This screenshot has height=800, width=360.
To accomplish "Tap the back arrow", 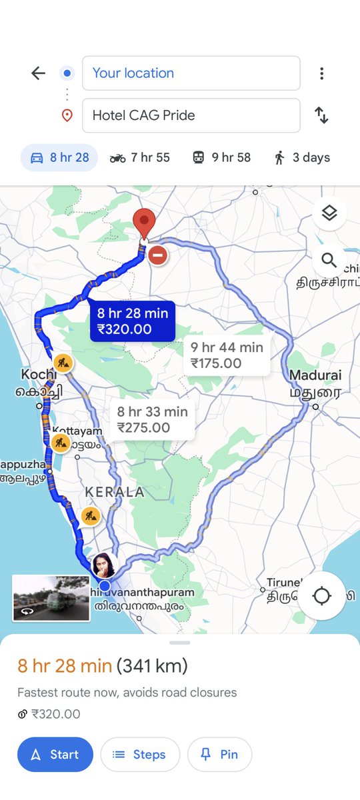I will [x=39, y=73].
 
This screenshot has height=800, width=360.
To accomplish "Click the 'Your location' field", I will [x=191, y=73].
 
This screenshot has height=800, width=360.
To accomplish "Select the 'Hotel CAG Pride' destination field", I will [x=191, y=115].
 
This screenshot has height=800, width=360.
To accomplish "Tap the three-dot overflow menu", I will [x=322, y=73].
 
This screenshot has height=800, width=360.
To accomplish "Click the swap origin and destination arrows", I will [x=322, y=115].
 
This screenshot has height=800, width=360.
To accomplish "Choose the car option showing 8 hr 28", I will [x=59, y=158].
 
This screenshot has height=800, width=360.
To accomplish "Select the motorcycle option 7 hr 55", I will [x=140, y=158].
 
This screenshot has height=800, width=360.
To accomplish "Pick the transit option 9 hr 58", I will [x=221, y=158].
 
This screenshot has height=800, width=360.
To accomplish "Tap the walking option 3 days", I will [x=302, y=158].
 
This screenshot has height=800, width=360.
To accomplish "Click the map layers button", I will [x=329, y=213].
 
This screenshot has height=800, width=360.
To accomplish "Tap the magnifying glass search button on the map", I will [x=329, y=260].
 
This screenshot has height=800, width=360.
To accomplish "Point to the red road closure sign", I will [x=157, y=255].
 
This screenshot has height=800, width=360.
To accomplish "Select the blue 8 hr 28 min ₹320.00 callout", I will [x=132, y=321].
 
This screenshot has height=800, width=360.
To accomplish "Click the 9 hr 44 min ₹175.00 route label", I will [x=227, y=355].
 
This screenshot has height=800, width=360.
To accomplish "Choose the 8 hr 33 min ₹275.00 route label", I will [x=153, y=420].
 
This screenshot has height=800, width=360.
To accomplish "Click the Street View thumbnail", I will [x=51, y=598].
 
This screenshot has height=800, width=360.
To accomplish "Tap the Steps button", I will [x=140, y=755].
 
